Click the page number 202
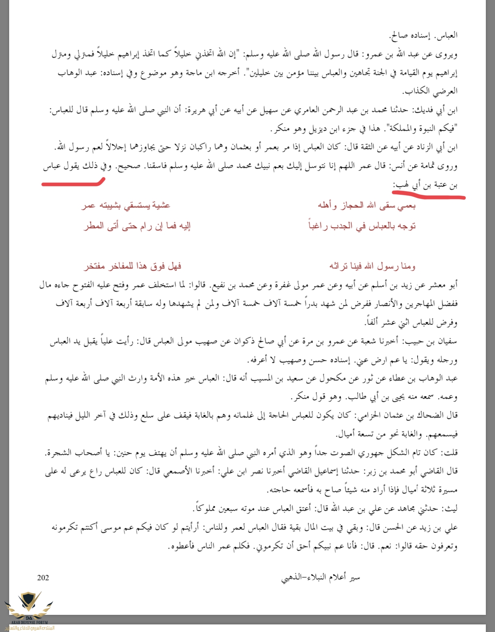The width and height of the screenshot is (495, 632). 43,578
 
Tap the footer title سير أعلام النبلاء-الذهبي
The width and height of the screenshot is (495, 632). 320,577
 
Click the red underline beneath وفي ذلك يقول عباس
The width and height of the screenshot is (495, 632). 73,183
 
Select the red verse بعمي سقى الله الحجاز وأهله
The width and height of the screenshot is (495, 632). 366,205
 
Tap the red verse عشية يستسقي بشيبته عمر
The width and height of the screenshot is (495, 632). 126,205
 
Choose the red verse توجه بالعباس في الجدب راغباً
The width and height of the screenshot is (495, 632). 362,226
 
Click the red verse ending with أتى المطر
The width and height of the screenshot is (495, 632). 137,226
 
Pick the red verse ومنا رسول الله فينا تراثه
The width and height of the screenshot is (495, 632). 372,266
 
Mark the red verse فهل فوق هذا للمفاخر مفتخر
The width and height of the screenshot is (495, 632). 133,266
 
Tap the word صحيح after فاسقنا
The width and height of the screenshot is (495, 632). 128,166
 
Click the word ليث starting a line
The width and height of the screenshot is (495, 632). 451,508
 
